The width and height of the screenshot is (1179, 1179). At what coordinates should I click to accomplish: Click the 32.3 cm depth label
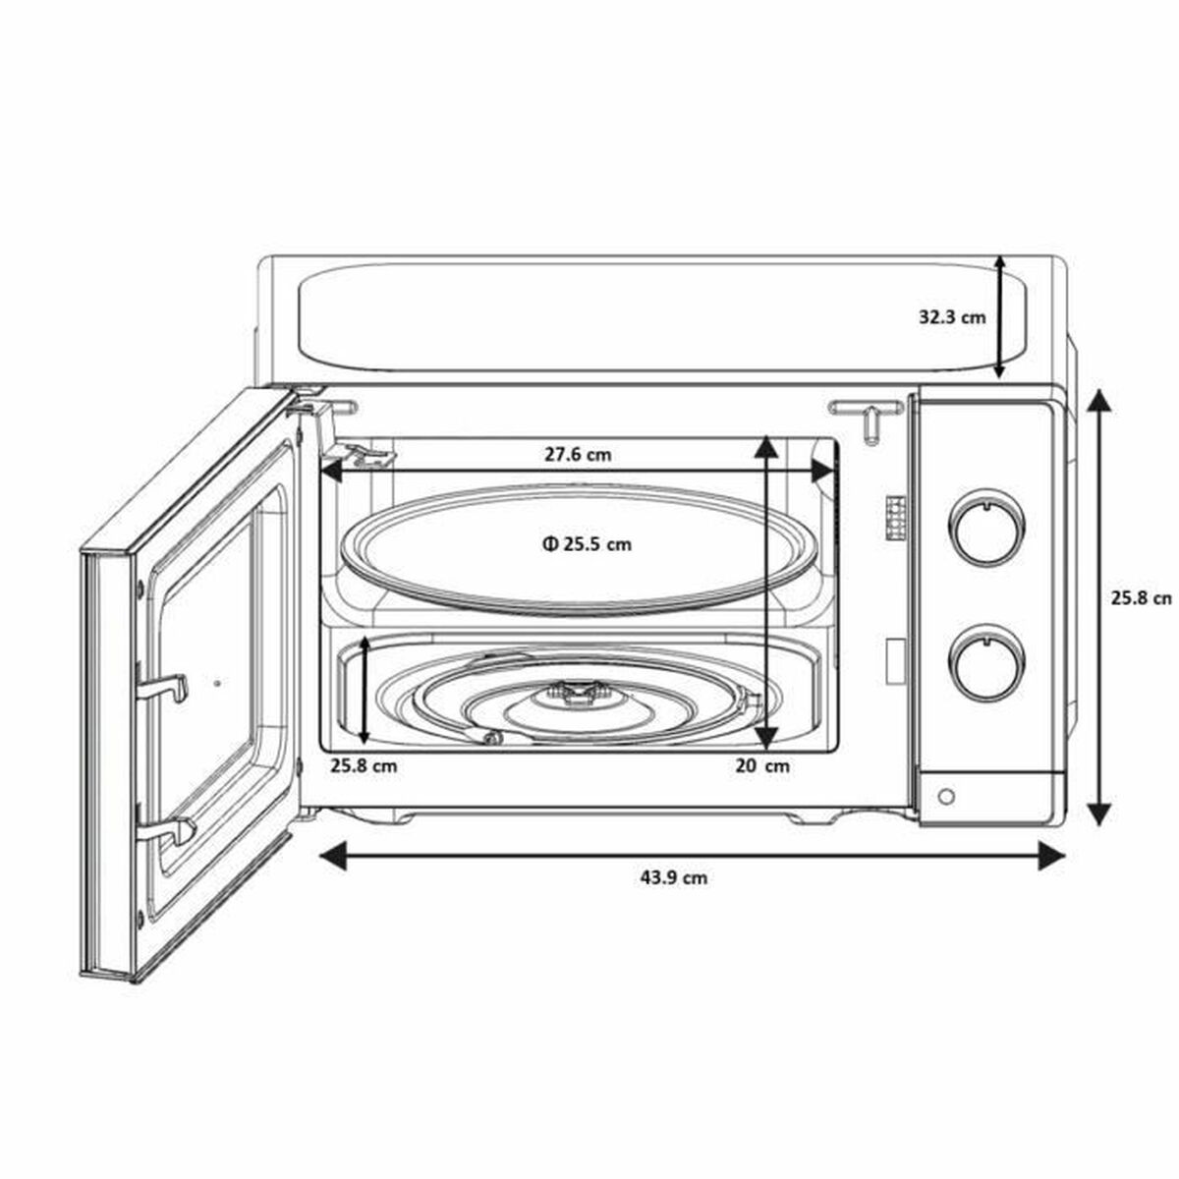tap(951, 317)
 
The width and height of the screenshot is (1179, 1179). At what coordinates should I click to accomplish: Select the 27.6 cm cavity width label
tap(578, 454)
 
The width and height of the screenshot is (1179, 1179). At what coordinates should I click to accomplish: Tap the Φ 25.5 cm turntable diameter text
tap(586, 543)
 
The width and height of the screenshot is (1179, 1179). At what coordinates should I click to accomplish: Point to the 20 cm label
tap(761, 765)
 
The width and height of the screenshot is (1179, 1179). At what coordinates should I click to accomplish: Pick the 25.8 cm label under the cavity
tap(364, 765)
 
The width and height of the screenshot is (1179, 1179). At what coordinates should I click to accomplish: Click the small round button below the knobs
tap(945, 797)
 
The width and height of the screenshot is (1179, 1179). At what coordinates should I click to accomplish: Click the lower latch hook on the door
tap(167, 832)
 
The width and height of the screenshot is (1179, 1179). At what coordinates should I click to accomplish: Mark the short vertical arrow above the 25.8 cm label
tap(365, 690)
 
